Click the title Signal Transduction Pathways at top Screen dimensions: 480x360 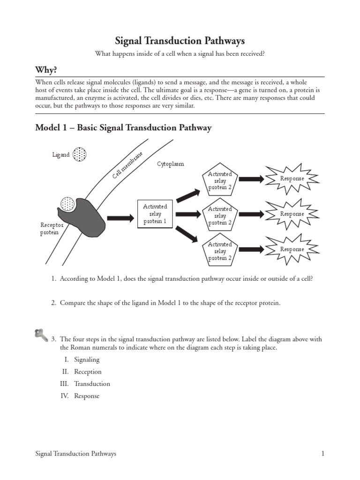(180, 41)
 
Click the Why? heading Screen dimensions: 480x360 (46, 70)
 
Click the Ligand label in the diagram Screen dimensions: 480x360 (61, 155)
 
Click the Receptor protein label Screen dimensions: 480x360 (52, 229)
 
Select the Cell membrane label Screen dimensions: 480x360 (127, 165)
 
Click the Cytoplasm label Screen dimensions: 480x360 (170, 164)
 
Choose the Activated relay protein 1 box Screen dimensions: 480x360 (155, 214)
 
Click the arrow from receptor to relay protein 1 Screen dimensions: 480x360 (121, 218)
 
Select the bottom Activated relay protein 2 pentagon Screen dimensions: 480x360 (220, 251)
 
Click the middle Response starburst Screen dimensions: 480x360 (292, 214)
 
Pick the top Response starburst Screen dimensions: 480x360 (292, 179)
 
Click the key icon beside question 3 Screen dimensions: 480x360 (41, 335)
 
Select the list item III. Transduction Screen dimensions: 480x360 (87, 384)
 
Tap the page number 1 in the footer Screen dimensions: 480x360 (323, 454)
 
